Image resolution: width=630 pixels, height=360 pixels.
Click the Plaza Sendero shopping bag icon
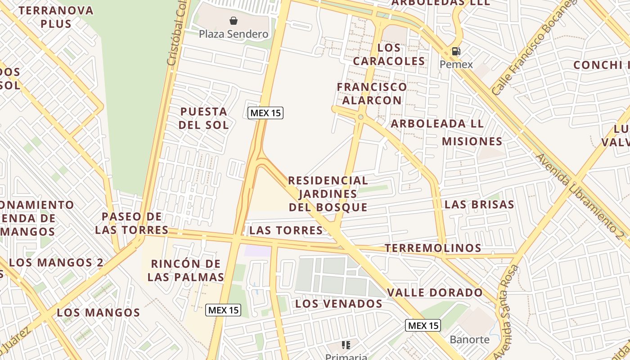pyautogui.click(x=234, y=21)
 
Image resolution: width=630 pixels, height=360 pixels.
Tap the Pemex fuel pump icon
pyautogui.click(x=456, y=51)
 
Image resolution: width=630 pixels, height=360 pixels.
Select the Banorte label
pyautogui.click(x=469, y=339)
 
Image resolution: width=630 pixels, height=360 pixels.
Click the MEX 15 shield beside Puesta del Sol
pyautogui.click(x=265, y=113)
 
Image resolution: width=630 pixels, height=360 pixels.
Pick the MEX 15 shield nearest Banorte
pyautogui.click(x=423, y=325)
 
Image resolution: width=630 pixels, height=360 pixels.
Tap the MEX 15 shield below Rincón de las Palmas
pyautogui.click(x=223, y=310)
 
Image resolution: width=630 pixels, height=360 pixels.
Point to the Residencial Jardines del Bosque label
pyautogui.click(x=328, y=194)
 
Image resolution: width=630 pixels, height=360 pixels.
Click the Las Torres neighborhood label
pyautogui.click(x=286, y=231)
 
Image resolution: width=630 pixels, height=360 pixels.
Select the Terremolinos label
pyautogui.click(x=433, y=248)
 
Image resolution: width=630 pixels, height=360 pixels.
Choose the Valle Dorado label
pyautogui.click(x=435, y=292)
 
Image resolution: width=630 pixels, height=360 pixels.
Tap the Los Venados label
pyautogui.click(x=338, y=304)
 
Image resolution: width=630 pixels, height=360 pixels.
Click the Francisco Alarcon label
pyautogui.click(x=372, y=93)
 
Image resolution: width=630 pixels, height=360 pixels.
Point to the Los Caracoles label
pyautogui.click(x=389, y=54)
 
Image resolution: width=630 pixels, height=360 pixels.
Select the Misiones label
pyautogui.click(x=472, y=141)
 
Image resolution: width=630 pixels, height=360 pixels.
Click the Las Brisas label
pyautogui.click(x=479, y=204)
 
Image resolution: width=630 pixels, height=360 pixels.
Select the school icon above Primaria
pyautogui.click(x=346, y=345)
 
